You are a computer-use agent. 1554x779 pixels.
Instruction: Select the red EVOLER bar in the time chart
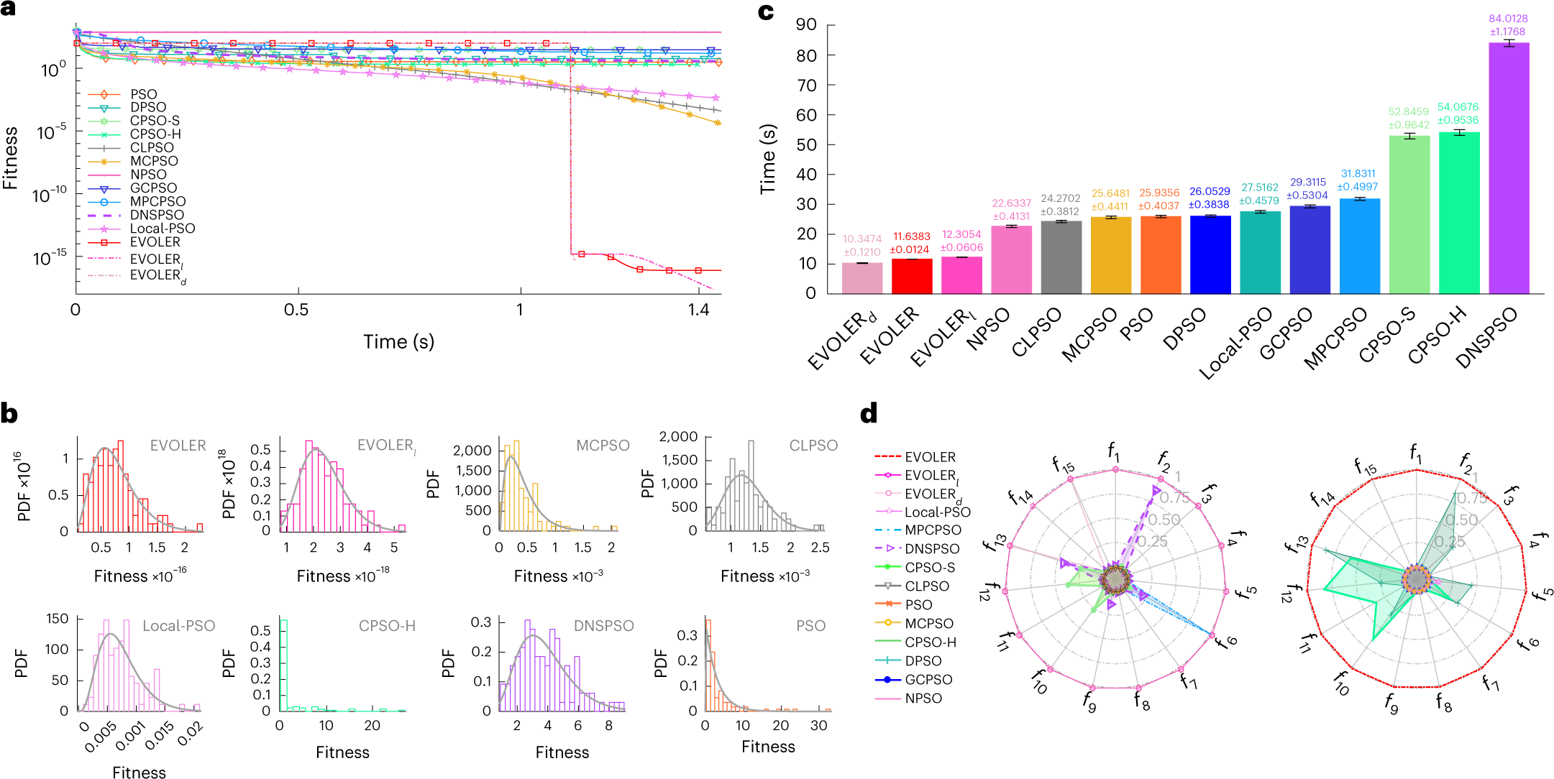(911, 276)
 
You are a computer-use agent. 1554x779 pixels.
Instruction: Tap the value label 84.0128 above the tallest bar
(1508, 19)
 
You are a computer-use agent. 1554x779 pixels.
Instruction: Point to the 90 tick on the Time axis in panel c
(806, 25)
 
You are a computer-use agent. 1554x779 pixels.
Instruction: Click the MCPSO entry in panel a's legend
(154, 161)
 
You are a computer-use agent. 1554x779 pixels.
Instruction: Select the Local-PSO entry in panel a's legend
(163, 229)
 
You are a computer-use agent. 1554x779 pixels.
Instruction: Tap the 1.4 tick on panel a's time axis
(698, 310)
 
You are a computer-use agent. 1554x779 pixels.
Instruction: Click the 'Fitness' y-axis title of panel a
(11, 158)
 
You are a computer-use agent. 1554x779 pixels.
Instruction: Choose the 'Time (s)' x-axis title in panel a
(398, 341)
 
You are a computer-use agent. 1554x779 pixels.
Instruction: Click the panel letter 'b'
(9, 414)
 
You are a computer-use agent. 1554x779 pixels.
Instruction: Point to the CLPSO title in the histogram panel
(813, 446)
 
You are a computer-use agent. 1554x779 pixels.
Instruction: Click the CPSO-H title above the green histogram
(387, 626)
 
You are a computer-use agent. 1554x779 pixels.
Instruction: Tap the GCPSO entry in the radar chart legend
(928, 679)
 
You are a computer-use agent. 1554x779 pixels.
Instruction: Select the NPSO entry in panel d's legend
(923, 698)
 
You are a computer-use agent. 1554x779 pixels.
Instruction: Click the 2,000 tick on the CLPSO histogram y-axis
(678, 437)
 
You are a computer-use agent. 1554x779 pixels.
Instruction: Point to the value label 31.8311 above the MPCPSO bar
(1358, 174)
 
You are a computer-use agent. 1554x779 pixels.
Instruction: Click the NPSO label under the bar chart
(989, 330)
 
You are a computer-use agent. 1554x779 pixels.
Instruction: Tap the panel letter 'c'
(766, 12)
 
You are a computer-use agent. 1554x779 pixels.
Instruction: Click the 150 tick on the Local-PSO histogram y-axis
(57, 619)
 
